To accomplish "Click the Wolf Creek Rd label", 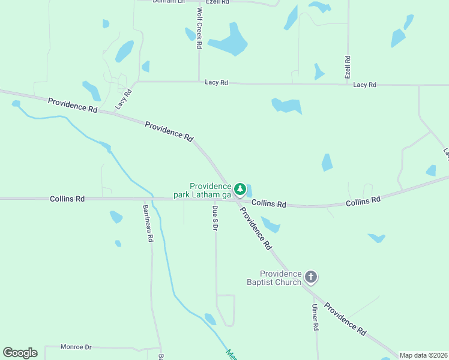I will coord(199,28).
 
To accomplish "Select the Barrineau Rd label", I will coord(147,223).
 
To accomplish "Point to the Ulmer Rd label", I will coord(314,317).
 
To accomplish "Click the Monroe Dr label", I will coord(76,347).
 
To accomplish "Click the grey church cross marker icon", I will coord(310,277).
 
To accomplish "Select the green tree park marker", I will coord(240,190).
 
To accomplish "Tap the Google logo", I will coord(20,353).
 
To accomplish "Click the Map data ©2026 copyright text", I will coord(423,355).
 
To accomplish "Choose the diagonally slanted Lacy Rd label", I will coord(122,98).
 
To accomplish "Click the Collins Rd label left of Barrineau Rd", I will coord(67,198).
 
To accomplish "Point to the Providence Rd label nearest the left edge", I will coord(72,106).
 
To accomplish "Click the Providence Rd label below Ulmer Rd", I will coord(345,318).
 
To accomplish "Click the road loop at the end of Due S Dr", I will coord(225,310).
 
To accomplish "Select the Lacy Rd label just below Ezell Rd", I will coord(364,85).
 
